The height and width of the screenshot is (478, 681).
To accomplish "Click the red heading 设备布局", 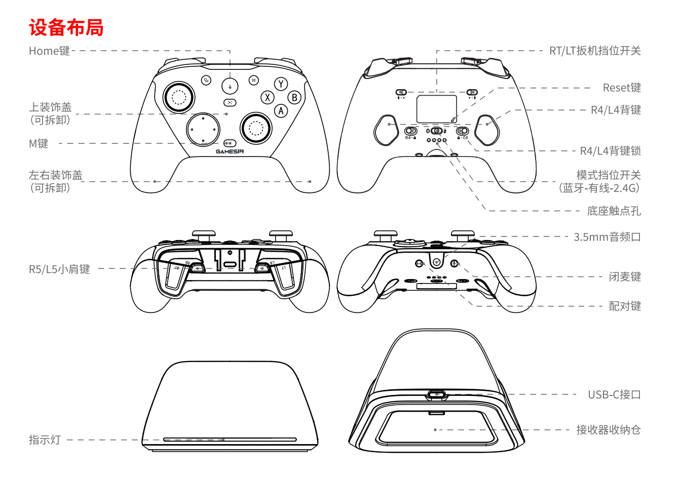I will point(66,27).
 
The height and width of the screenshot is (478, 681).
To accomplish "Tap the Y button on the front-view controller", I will point(281,84).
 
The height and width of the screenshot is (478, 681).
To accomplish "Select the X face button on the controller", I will point(268,97).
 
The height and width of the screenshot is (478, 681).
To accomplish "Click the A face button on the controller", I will point(281,110).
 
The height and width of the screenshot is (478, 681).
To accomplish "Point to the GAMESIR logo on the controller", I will point(230,151).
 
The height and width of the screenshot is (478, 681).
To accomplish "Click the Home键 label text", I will point(49,51).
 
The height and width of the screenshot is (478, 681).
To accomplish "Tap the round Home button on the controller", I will point(230,86).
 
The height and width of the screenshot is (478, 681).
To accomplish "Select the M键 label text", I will point(39,143).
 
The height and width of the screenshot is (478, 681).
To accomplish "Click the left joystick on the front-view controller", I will point(179,97).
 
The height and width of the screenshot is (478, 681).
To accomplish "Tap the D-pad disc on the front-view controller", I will point(203,129).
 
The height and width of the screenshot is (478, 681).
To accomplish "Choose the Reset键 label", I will point(622,88).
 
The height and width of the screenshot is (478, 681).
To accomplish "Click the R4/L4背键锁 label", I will point(610,151).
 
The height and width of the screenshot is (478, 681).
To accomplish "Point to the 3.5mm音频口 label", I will point(607,236).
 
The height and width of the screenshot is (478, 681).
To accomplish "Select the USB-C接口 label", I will point(614,394).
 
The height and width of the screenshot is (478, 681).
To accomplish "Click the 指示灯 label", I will point(45,440).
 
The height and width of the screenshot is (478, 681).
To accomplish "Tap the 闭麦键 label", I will point(625,276).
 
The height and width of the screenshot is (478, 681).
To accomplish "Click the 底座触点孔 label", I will point(614,211).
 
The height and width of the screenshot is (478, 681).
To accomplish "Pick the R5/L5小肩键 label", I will point(59,269).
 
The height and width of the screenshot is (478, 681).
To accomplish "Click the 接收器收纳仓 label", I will point(608,429).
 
